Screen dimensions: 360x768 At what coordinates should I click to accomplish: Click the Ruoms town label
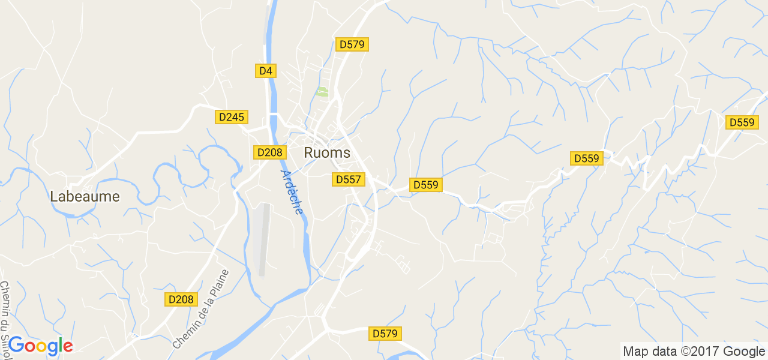(327, 153)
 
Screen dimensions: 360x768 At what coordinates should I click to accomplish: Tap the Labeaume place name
(85, 197)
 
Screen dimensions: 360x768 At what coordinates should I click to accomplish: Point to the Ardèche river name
(292, 191)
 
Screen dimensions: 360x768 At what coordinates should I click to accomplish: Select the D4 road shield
(265, 71)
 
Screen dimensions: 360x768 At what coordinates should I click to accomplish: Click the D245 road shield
(231, 117)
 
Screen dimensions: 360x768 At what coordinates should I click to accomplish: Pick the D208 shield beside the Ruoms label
(269, 152)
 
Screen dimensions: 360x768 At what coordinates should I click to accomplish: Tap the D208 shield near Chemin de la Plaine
(181, 299)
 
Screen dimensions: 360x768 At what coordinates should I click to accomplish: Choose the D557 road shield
(348, 179)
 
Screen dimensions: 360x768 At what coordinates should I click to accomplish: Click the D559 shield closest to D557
(426, 185)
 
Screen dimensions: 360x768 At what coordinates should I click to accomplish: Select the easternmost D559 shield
(742, 122)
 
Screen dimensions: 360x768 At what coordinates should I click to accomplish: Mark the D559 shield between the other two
(586, 158)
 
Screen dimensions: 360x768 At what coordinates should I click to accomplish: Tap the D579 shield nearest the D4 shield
(352, 44)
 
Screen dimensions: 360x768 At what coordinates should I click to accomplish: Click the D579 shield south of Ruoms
(385, 334)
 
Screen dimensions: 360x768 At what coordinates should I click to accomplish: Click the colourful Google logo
(40, 346)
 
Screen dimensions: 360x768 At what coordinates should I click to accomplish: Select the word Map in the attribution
(635, 352)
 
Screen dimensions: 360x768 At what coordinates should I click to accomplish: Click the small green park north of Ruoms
(322, 92)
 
